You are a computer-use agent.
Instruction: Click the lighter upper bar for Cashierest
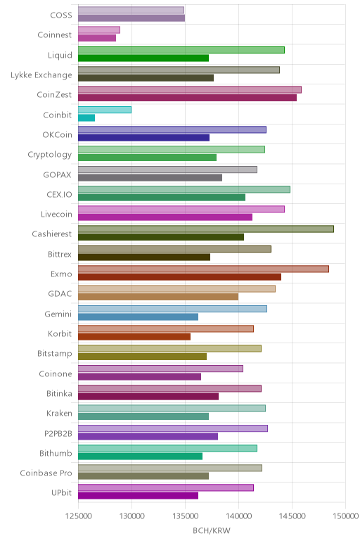coord(206,229)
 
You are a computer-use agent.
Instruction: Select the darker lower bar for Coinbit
coord(86,117)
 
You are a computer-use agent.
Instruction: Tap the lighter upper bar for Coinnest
coord(99,30)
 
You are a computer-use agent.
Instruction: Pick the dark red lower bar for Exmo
coord(180,277)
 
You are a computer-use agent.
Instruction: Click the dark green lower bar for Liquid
coord(143,58)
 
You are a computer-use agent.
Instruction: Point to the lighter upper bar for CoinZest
coord(190,90)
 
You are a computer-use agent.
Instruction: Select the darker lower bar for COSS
coord(131,18)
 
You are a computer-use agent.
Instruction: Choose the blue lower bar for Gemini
coord(138,317)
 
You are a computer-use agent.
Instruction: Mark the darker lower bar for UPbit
coord(138,496)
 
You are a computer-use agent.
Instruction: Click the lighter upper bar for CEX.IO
coord(184,189)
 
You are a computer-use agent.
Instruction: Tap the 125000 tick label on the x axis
coord(78,516)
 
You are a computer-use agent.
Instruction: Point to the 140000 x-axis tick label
coord(238,516)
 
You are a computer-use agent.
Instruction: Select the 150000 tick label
coord(345,516)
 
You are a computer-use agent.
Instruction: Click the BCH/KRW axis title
coord(212,530)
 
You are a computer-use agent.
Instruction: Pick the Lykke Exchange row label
coord(41,75)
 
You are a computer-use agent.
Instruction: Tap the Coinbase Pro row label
coord(46,473)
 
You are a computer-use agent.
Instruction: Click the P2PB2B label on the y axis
coord(58,433)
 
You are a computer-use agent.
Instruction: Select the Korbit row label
coord(60,333)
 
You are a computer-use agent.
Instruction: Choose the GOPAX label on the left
coord(57,174)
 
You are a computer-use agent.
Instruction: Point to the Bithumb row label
coord(56,453)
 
